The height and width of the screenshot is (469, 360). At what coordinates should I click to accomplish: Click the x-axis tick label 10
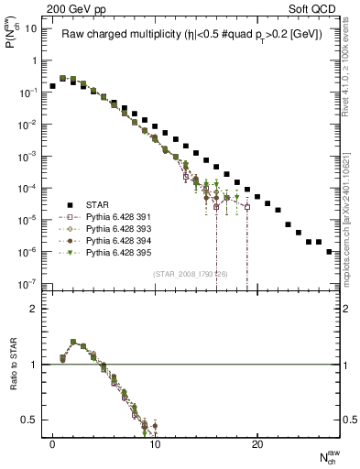[155, 443]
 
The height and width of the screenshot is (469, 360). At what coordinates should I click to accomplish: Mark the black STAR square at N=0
[53, 86]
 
